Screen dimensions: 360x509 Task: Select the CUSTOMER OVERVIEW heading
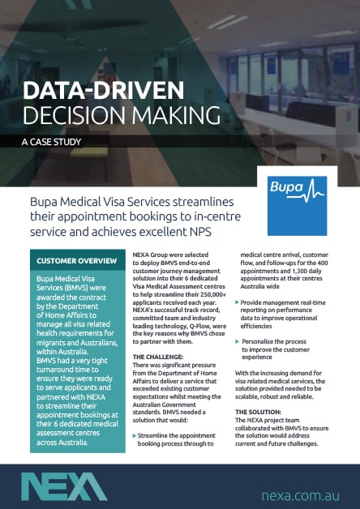click(75, 262)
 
